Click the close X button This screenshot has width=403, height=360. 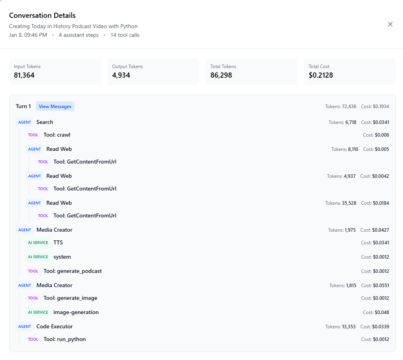(x=390, y=24)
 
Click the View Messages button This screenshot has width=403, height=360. (x=55, y=106)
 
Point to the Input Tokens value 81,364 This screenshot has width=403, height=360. (x=24, y=75)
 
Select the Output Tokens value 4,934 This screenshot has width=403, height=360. (x=121, y=75)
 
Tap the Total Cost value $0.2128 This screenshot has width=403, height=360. (x=321, y=75)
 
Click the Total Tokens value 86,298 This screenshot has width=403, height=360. (x=221, y=75)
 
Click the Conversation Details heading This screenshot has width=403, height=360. (x=42, y=15)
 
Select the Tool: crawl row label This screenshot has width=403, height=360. (x=57, y=135)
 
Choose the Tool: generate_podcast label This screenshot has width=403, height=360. (x=73, y=271)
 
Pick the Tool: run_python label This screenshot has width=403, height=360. (x=65, y=339)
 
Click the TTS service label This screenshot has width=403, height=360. (x=58, y=242)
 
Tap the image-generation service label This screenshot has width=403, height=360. (x=76, y=312)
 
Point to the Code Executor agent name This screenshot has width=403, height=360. (x=55, y=326)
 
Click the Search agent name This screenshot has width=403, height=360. (x=45, y=122)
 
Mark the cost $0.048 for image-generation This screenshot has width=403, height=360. (x=382, y=312)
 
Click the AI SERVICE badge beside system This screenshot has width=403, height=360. (x=38, y=257)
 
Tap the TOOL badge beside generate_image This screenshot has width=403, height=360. (x=33, y=298)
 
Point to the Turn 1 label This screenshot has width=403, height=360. (x=23, y=106)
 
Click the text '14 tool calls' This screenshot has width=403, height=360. (x=125, y=35)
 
